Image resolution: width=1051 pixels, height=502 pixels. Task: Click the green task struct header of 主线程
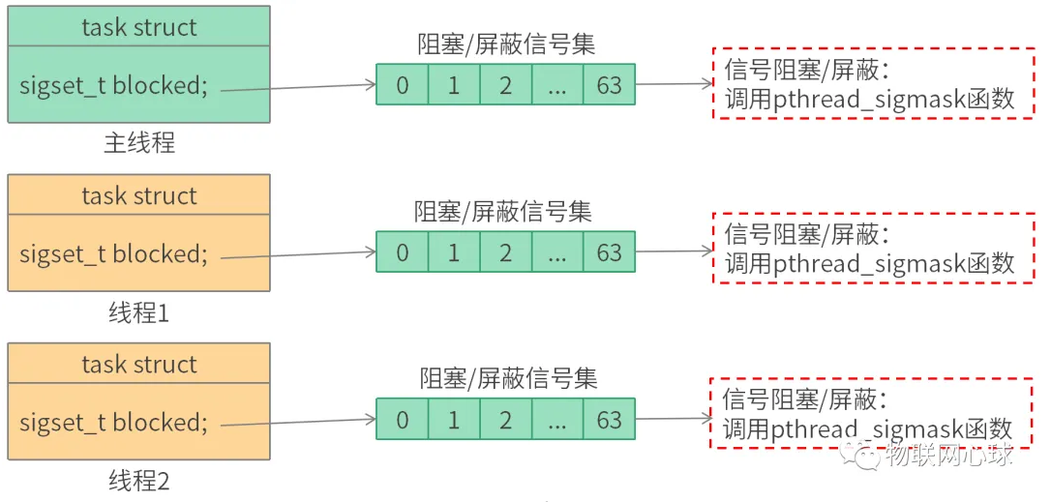pos(138,27)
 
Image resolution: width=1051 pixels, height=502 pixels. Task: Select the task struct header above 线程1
pos(138,195)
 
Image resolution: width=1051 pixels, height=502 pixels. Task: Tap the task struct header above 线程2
pos(138,364)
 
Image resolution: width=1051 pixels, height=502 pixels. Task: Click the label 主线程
pos(138,143)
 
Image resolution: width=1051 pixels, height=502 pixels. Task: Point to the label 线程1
pos(138,312)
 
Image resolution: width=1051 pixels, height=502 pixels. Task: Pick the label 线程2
pos(138,481)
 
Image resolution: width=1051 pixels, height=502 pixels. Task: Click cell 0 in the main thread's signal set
pos(402,85)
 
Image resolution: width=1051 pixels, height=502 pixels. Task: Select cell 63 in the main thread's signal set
pos(609,85)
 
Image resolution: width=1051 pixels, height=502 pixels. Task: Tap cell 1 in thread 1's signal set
pos(454,253)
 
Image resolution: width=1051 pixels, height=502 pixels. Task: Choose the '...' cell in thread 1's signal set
pos(557,253)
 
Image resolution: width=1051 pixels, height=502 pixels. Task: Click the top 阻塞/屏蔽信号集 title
pos(506,44)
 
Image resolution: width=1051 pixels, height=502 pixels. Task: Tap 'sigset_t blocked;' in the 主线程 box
pos(113,85)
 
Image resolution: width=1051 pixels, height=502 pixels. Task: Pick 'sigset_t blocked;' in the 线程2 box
pos(113,422)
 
